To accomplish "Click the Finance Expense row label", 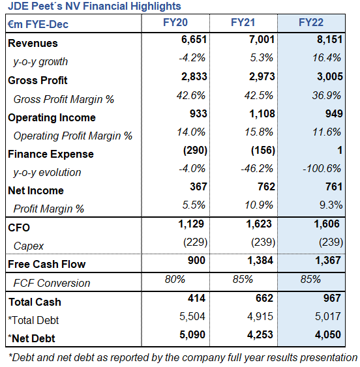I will [51, 154].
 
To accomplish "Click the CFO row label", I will [19, 228].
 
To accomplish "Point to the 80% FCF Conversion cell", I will [174, 280].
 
